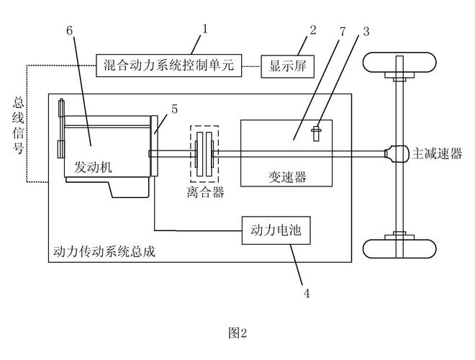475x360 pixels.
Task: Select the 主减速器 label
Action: [x=436, y=154]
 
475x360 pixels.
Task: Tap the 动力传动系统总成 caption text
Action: [x=104, y=252]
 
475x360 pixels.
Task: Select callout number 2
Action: [x=312, y=30]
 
